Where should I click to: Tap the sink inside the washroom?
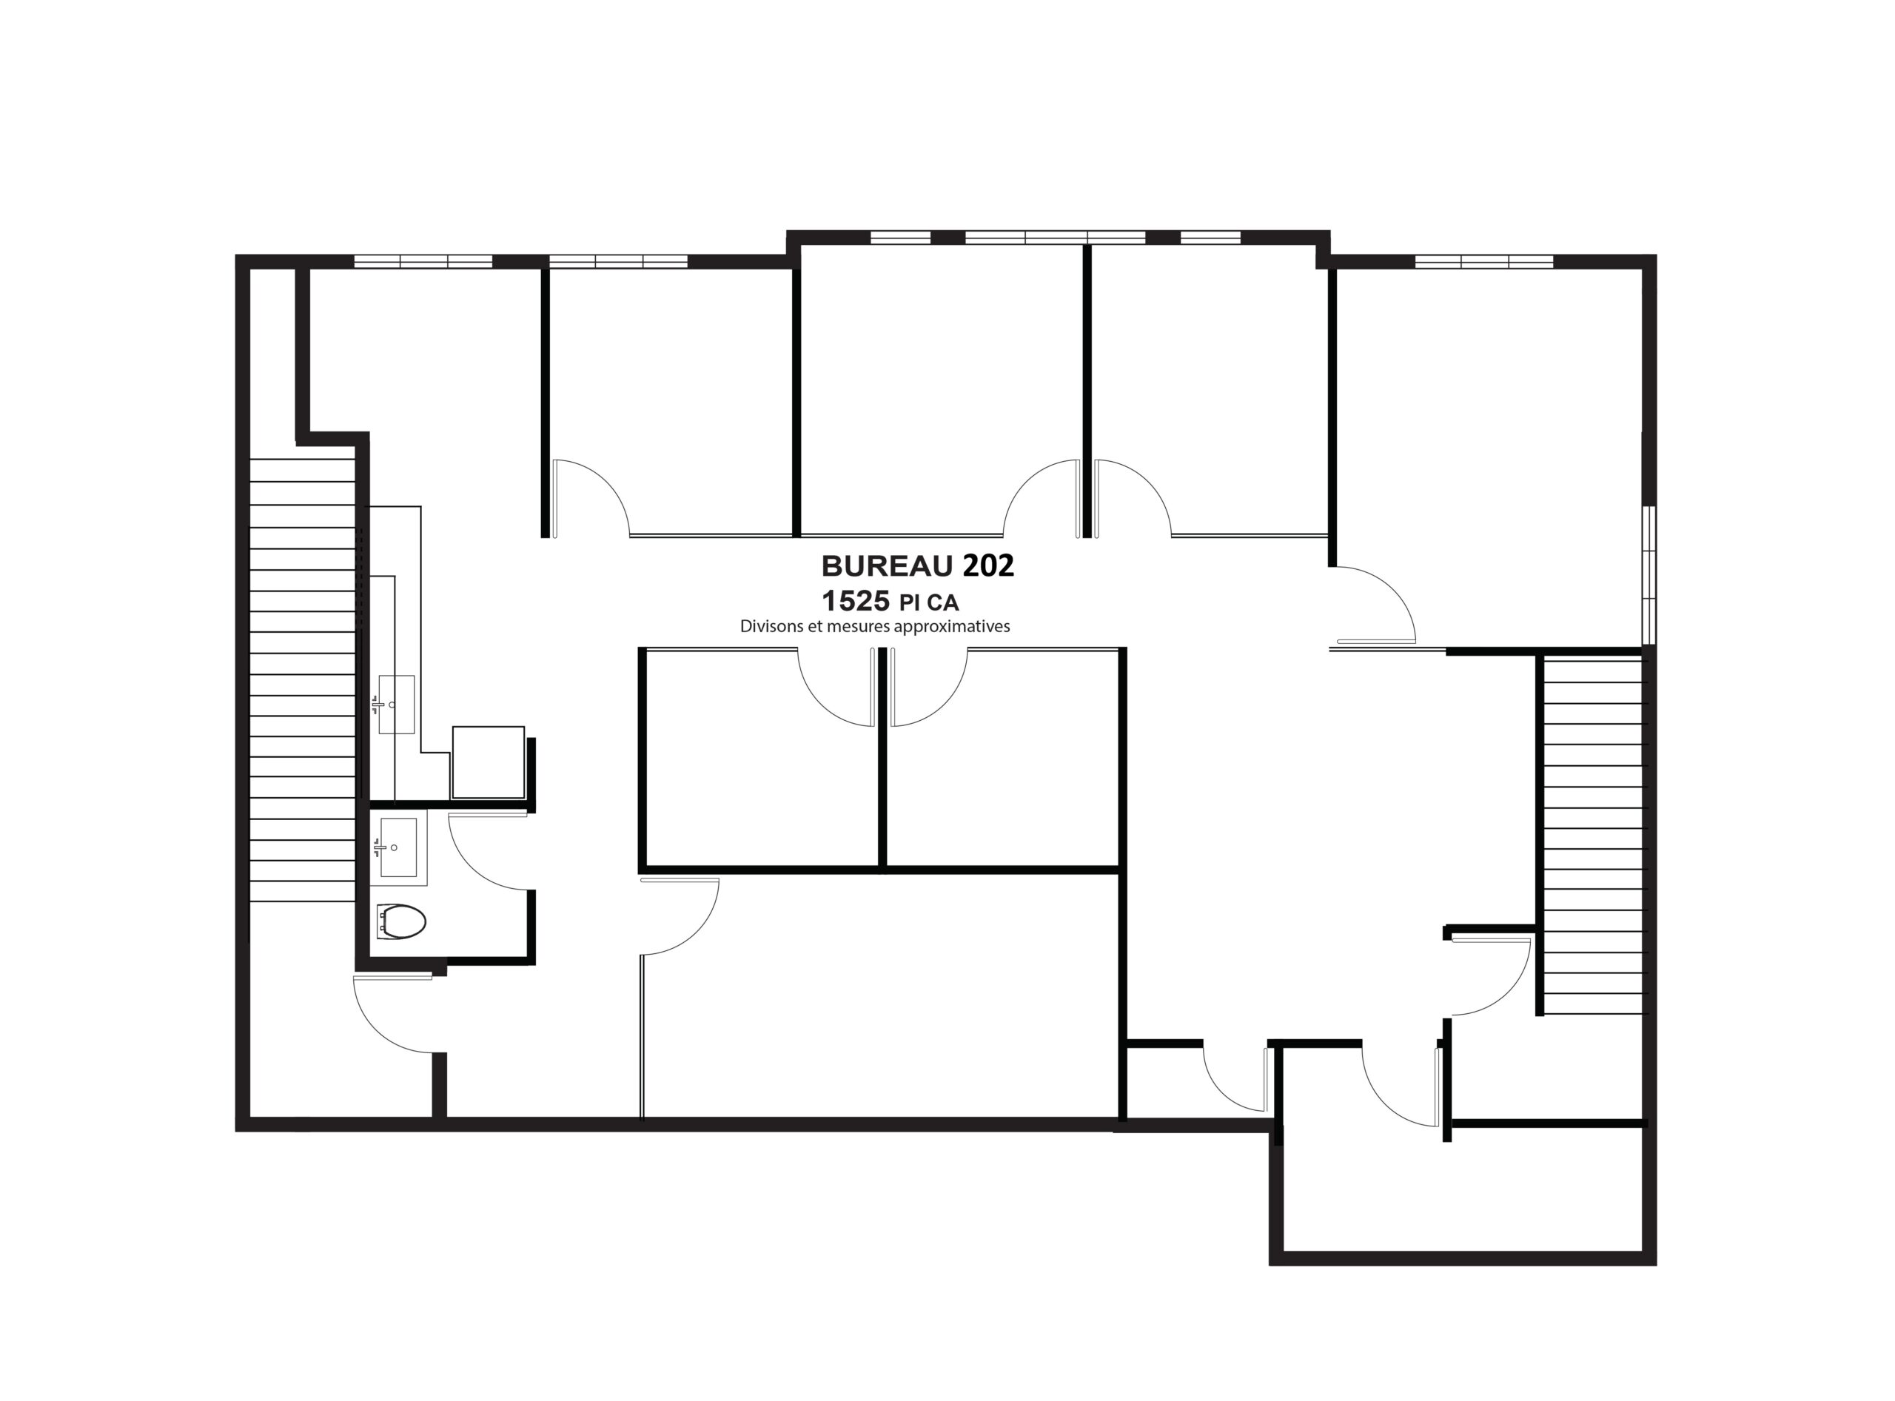(x=398, y=847)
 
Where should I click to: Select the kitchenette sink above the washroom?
(x=395, y=704)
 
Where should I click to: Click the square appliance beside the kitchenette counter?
(x=488, y=762)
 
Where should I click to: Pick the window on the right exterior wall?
(x=1649, y=576)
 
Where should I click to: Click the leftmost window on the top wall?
(x=423, y=261)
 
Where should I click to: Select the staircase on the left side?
(x=302, y=680)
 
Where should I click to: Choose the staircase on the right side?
(x=1592, y=836)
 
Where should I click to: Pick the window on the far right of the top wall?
(x=1484, y=261)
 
